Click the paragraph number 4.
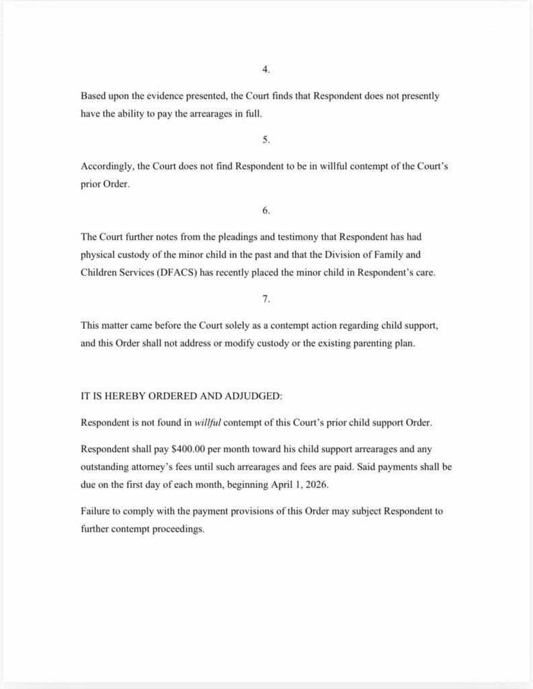click(266, 69)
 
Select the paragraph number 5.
click(266, 140)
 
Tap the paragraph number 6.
click(266, 211)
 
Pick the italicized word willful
click(208, 423)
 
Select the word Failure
click(95, 511)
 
